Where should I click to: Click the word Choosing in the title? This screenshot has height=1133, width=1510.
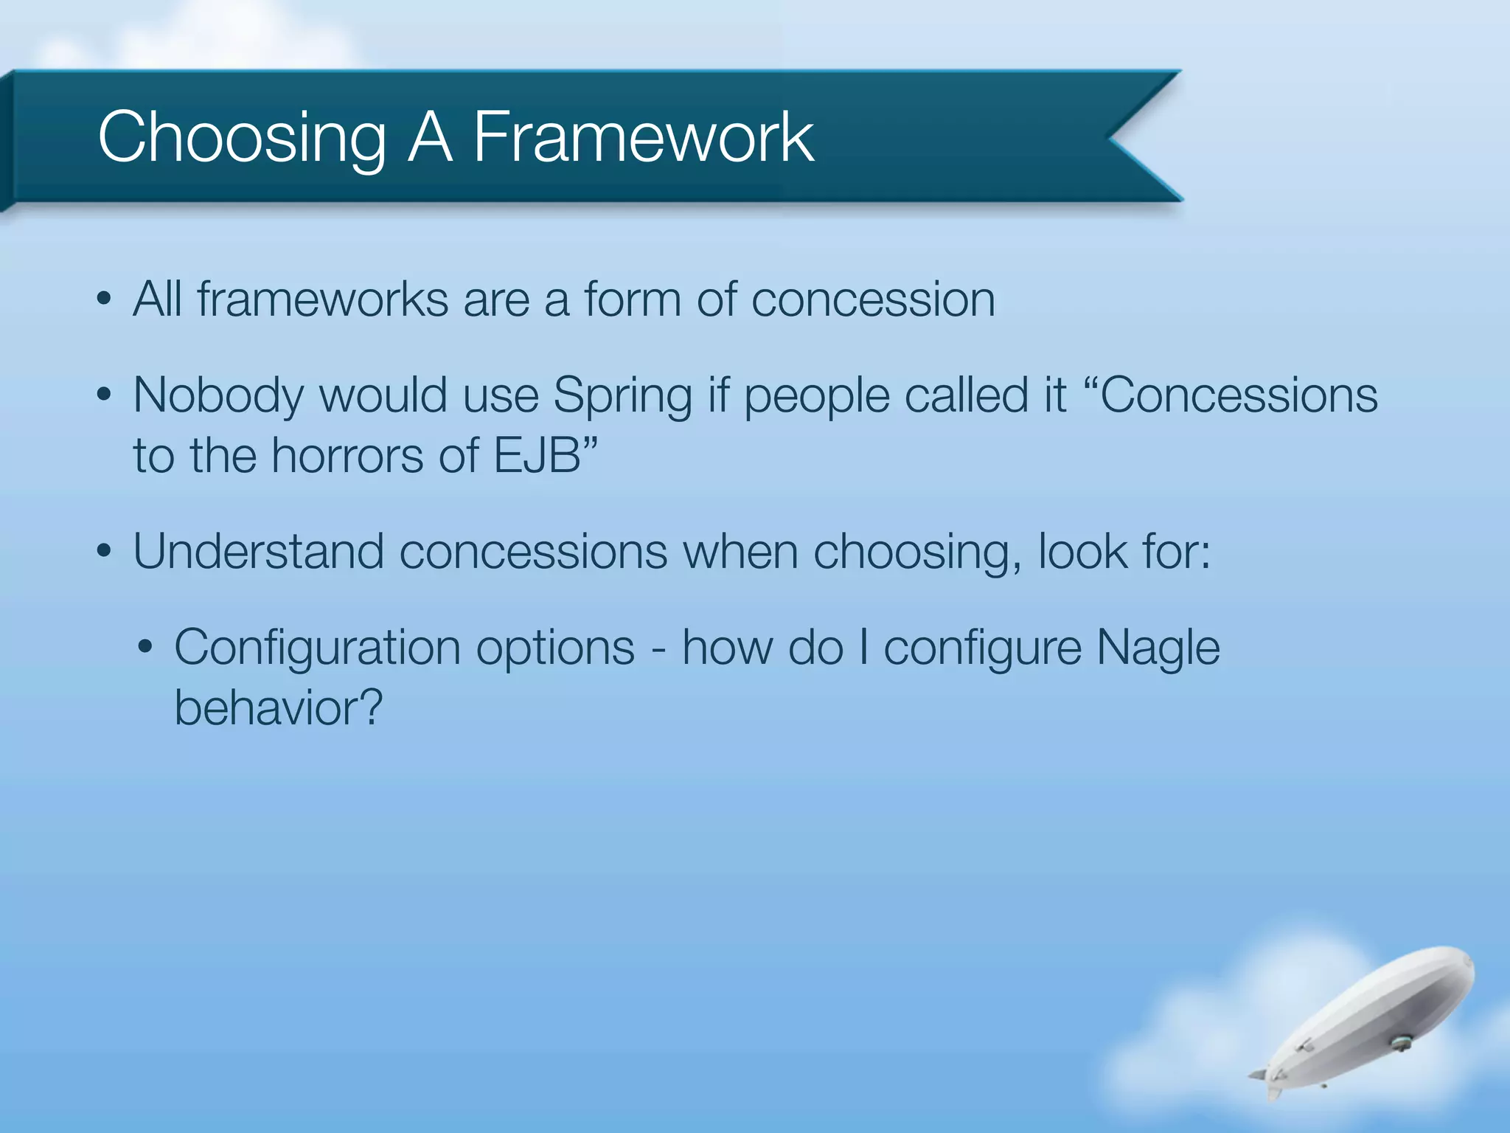[242, 139]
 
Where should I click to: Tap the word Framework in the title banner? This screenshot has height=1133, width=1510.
[643, 137]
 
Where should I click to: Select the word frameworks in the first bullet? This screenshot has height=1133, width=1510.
[322, 300]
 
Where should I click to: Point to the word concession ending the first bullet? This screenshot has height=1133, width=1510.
[873, 300]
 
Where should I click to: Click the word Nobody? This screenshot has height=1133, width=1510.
[218, 396]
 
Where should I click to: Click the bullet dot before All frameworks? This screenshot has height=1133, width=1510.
[104, 301]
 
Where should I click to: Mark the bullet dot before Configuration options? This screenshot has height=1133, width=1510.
[145, 648]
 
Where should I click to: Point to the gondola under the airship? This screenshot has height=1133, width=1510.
[1399, 1043]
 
